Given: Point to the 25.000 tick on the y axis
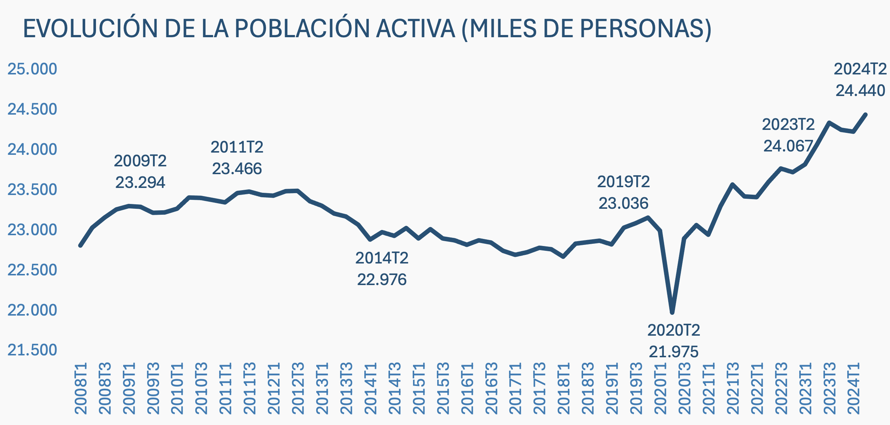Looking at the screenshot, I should click(32, 69).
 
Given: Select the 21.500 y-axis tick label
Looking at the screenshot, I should click(32, 350).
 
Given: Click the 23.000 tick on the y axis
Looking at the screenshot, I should click(32, 230).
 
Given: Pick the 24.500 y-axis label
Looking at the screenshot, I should click(32, 109).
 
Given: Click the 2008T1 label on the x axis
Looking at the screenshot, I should click(81, 388).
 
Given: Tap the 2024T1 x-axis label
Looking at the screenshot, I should click(854, 388).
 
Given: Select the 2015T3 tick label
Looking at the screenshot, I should click(443, 388).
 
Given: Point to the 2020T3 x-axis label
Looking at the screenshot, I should click(685, 388).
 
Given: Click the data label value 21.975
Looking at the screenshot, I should click(673, 352).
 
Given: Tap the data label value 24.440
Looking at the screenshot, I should click(860, 90).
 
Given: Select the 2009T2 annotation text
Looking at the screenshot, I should click(140, 161).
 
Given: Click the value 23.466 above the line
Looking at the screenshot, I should click(237, 169).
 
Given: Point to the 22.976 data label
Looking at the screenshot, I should click(382, 279).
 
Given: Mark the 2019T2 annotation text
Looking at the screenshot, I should click(623, 182).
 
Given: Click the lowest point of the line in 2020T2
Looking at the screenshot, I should click(672, 312).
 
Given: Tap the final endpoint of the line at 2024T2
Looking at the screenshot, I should click(866, 115).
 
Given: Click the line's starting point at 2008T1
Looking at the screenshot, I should click(80, 246).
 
